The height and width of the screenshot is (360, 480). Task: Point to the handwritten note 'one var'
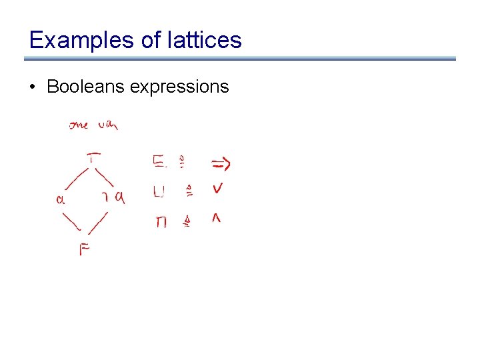(93, 125)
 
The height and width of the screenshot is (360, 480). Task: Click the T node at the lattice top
(94, 157)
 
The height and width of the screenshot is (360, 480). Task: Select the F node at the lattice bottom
(85, 250)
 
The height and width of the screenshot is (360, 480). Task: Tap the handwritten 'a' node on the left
(60, 198)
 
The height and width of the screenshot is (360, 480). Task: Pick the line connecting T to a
(76, 178)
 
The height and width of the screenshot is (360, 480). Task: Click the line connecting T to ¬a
(105, 177)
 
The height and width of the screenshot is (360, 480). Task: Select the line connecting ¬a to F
(98, 222)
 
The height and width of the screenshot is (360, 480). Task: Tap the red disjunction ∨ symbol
(217, 189)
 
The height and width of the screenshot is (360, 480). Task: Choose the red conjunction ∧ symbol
(216, 219)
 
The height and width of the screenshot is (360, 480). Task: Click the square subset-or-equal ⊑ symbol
(159, 162)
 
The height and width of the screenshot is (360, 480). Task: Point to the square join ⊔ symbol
(159, 192)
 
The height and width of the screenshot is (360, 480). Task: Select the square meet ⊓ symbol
(161, 222)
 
